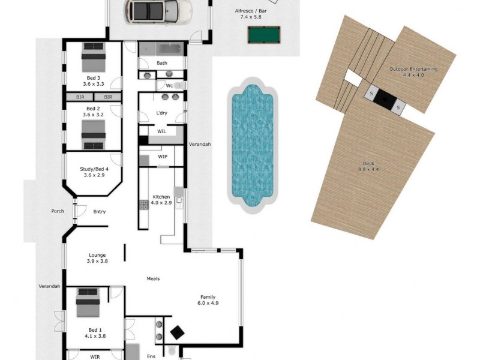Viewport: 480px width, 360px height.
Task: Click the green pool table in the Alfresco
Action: click(x=263, y=35)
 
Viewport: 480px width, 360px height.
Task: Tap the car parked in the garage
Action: click(x=158, y=11)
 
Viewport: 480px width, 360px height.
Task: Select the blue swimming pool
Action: click(x=252, y=145)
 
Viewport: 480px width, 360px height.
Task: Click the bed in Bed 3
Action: click(x=94, y=57)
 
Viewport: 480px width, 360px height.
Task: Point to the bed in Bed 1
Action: click(x=88, y=302)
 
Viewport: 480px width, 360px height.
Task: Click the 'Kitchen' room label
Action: click(x=161, y=197)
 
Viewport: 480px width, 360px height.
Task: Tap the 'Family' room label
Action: click(x=208, y=297)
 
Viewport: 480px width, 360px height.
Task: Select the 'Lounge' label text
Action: click(x=97, y=255)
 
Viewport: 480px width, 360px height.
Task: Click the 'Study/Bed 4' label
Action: click(x=94, y=169)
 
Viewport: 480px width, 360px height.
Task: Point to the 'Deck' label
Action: click(x=368, y=164)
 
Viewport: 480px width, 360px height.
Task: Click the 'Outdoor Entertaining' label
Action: click(x=413, y=69)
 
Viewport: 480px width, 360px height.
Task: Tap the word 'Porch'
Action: click(x=58, y=211)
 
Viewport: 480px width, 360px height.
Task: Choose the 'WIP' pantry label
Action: click(x=163, y=157)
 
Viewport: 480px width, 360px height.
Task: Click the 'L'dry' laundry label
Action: click(x=161, y=113)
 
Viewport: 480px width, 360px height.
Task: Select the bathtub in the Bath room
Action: click(x=170, y=49)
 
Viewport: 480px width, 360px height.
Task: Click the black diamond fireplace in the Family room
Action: click(x=177, y=333)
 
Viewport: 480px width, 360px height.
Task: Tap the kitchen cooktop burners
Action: click(x=144, y=205)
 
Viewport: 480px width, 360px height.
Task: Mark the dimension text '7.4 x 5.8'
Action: click(x=251, y=17)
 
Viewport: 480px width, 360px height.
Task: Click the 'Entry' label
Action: click(x=100, y=212)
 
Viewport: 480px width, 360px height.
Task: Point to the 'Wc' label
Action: click(x=169, y=86)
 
